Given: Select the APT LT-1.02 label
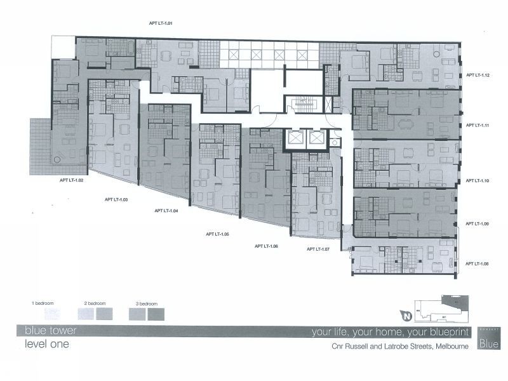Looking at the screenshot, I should (72, 180).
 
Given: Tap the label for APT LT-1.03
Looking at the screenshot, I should (116, 199).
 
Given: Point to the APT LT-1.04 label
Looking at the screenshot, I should (166, 210).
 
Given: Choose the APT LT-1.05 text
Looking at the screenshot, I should (217, 234).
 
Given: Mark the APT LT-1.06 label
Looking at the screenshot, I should (266, 245).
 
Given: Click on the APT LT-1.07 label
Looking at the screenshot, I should (317, 249).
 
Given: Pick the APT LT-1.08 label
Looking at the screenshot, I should (477, 264).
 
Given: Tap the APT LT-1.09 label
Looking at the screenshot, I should (477, 224).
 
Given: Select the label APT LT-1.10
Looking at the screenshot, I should (477, 181).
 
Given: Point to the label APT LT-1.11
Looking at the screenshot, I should (477, 126).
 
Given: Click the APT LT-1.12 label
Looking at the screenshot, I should (477, 75).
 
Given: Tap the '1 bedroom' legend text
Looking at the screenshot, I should (43, 304).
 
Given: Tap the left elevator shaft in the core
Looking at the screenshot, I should (295, 139).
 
